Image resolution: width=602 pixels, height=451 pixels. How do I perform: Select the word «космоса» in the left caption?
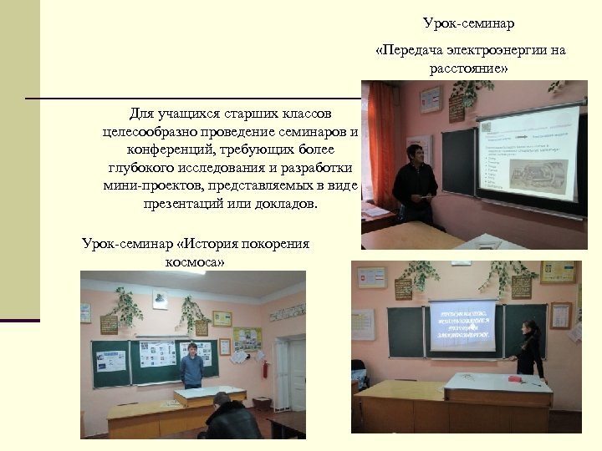(195, 261)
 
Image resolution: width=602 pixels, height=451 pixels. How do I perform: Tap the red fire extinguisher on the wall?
(265, 369)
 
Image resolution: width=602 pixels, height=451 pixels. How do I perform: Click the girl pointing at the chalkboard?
(528, 348)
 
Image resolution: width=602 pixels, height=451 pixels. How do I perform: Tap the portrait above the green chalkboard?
(160, 298)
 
